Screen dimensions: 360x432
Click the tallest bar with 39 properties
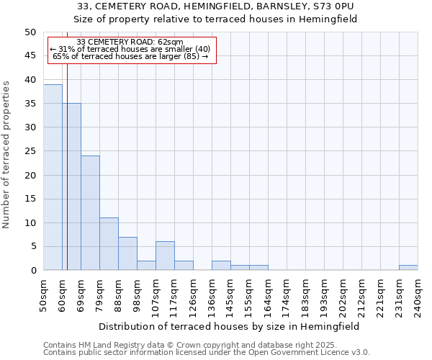(x=53, y=177)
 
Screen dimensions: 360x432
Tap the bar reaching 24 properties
(x=90, y=213)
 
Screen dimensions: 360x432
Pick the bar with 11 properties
(x=109, y=244)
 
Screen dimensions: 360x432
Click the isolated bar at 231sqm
(x=408, y=268)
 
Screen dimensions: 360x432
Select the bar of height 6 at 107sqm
(x=165, y=256)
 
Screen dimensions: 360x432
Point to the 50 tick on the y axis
(x=30, y=32)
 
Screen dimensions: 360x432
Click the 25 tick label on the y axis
(x=30, y=151)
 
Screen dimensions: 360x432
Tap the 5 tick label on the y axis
(x=32, y=246)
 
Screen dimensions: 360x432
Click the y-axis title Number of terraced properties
(x=7, y=154)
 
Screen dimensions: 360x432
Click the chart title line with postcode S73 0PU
(x=216, y=6)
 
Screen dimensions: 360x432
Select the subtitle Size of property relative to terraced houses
(x=216, y=19)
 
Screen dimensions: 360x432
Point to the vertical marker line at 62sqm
(x=67, y=180)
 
